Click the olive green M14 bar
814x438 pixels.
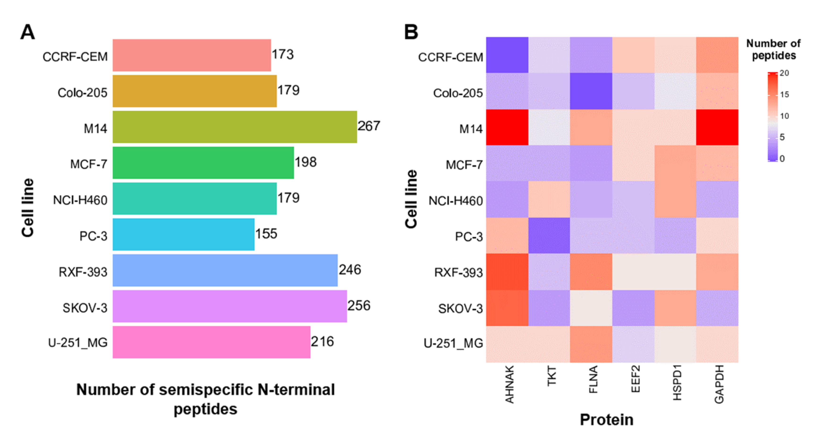[x=234, y=127]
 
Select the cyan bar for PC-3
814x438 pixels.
[x=183, y=235]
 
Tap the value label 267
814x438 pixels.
[x=369, y=126]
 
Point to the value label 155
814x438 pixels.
[x=266, y=234]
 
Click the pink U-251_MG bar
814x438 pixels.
[x=211, y=342]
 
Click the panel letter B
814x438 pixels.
[x=411, y=32]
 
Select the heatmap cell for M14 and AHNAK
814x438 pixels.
[x=507, y=127]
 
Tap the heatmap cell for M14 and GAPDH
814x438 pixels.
[x=717, y=127]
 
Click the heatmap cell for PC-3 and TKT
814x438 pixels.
[x=549, y=236]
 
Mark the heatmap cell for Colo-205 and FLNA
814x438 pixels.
[x=591, y=91]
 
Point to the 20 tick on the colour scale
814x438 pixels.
[x=784, y=73]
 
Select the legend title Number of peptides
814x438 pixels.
[x=773, y=49]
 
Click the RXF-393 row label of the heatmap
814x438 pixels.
[x=458, y=272]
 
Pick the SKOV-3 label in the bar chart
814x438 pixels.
[x=85, y=308]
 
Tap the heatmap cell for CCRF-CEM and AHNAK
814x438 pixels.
[x=507, y=55]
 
